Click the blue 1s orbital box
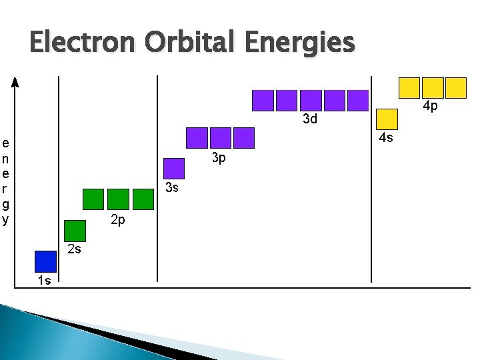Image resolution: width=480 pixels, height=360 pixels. click(x=45, y=261)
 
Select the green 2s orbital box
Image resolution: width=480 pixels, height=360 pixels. click(x=75, y=230)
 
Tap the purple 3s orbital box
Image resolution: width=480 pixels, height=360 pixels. click(x=173, y=168)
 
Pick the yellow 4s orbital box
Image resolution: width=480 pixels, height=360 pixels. click(x=387, y=119)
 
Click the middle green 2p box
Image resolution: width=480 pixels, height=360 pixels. click(x=118, y=199)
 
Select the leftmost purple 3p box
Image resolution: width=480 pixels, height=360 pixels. click(x=197, y=137)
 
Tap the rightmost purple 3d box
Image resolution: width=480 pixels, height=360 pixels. click(x=358, y=100)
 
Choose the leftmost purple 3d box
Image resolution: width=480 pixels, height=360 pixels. click(x=263, y=100)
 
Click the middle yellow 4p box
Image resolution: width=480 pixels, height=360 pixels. click(x=433, y=88)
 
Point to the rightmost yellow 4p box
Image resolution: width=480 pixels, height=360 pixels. click(x=456, y=88)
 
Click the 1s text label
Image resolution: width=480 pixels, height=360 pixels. click(x=44, y=281)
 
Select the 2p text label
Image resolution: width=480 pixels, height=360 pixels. click(x=117, y=220)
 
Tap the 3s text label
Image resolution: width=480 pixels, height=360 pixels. click(x=171, y=188)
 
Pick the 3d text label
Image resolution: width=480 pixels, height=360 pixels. click(x=310, y=120)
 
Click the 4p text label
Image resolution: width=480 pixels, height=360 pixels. click(x=431, y=107)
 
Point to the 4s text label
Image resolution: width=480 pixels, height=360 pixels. click(x=385, y=138)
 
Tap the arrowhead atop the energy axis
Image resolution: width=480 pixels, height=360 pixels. click(x=16, y=82)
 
